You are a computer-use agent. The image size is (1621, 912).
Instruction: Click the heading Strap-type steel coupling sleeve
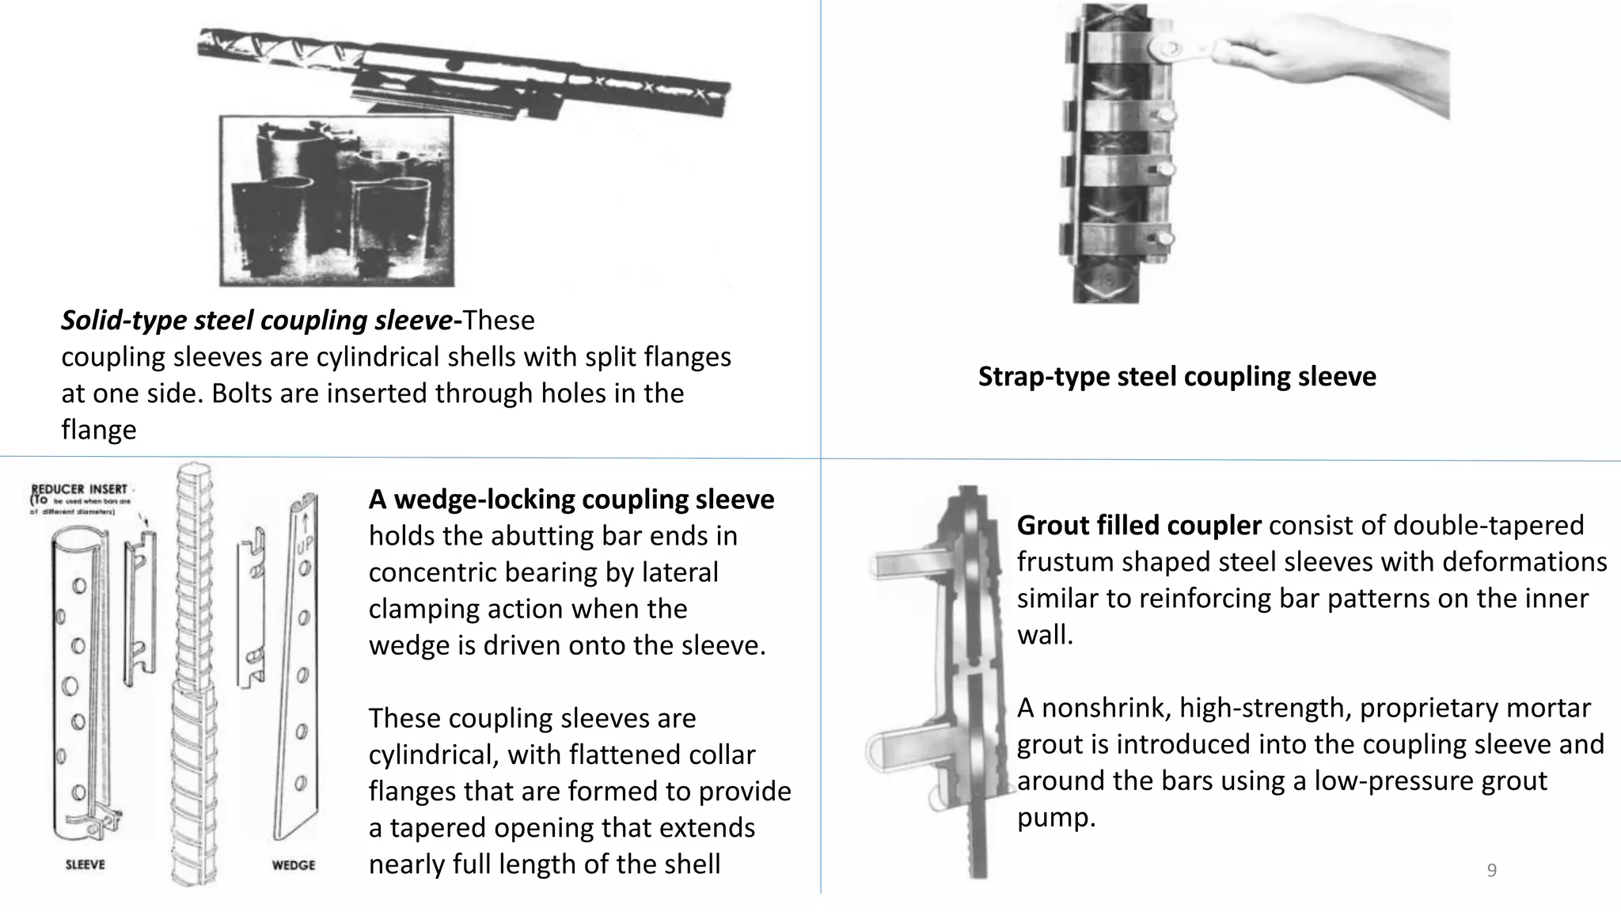point(1176,376)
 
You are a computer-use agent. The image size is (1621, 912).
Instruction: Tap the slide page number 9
point(1491,871)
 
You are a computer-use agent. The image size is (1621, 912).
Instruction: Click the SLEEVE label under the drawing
point(85,864)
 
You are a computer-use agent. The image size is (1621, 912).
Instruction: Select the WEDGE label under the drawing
point(294,865)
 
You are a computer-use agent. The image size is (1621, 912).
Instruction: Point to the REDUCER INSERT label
point(78,488)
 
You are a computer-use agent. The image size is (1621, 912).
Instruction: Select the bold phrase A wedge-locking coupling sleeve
point(571,500)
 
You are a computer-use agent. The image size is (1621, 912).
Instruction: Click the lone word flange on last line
point(99,429)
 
